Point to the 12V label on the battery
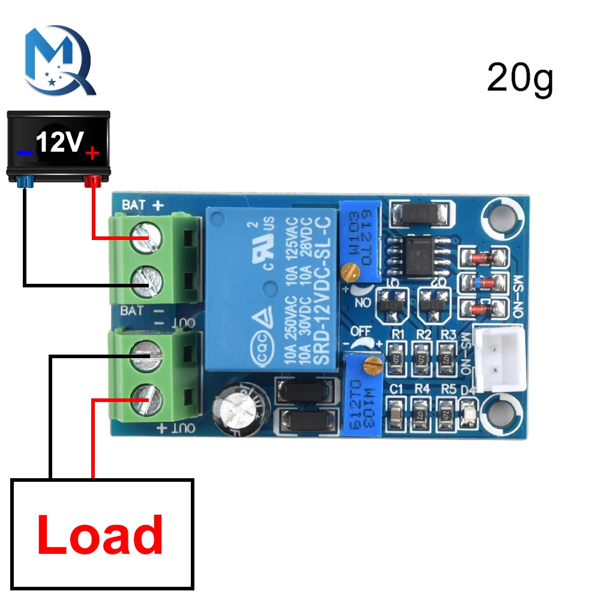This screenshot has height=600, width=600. [x=59, y=143]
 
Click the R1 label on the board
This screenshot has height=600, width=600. [x=395, y=334]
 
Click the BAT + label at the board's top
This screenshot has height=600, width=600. [x=143, y=205]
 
